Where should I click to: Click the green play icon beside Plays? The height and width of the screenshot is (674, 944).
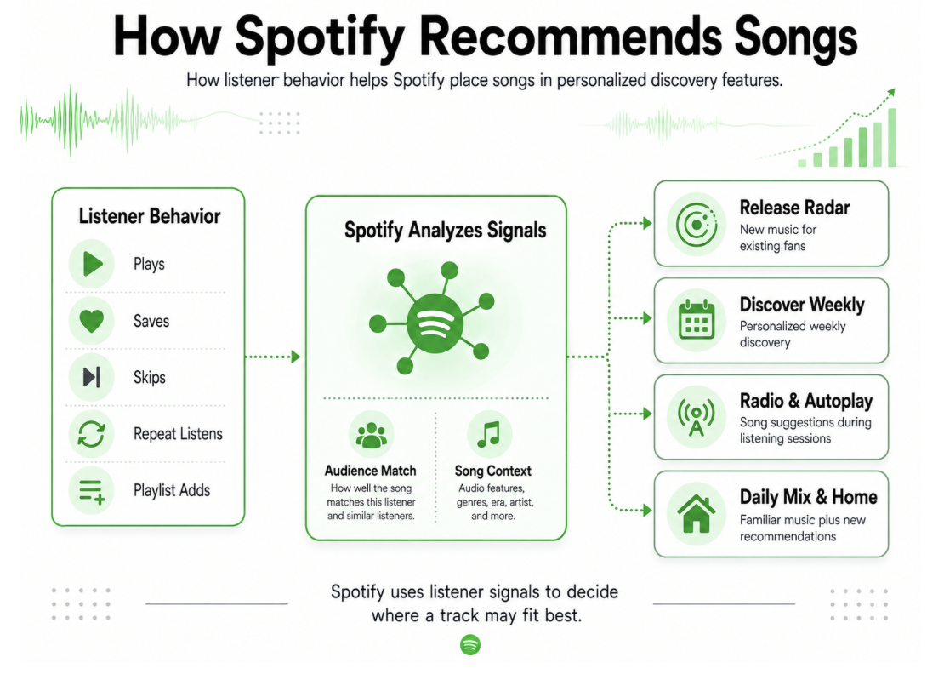pyautogui.click(x=93, y=264)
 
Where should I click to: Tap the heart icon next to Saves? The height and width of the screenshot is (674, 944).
pyautogui.click(x=92, y=321)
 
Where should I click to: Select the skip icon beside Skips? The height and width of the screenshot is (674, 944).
pyautogui.click(x=92, y=377)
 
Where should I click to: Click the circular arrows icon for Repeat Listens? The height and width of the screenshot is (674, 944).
pyautogui.click(x=92, y=434)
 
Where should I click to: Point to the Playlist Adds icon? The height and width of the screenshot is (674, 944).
pyautogui.click(x=92, y=491)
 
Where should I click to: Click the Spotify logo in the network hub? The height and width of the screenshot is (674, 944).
pyautogui.click(x=435, y=324)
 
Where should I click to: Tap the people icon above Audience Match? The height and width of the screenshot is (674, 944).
pyautogui.click(x=371, y=435)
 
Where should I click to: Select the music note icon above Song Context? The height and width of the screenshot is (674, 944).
pyautogui.click(x=488, y=434)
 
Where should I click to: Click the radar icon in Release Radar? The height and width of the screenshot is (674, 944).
pyautogui.click(x=697, y=225)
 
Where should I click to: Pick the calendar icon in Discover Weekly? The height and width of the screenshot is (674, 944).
pyautogui.click(x=697, y=320)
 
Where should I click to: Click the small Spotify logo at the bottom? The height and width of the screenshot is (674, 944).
pyautogui.click(x=470, y=644)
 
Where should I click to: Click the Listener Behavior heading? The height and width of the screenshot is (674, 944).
pyautogui.click(x=150, y=216)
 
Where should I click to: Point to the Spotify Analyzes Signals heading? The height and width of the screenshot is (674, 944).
pyautogui.click(x=445, y=230)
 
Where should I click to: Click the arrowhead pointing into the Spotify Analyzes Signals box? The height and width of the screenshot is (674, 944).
pyautogui.click(x=296, y=357)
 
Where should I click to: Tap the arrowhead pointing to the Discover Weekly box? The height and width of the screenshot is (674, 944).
pyautogui.click(x=647, y=318)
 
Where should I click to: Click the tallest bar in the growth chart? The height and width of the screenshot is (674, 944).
pyautogui.click(x=891, y=137)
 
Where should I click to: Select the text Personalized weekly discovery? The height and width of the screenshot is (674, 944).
pyautogui.click(x=793, y=334)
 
